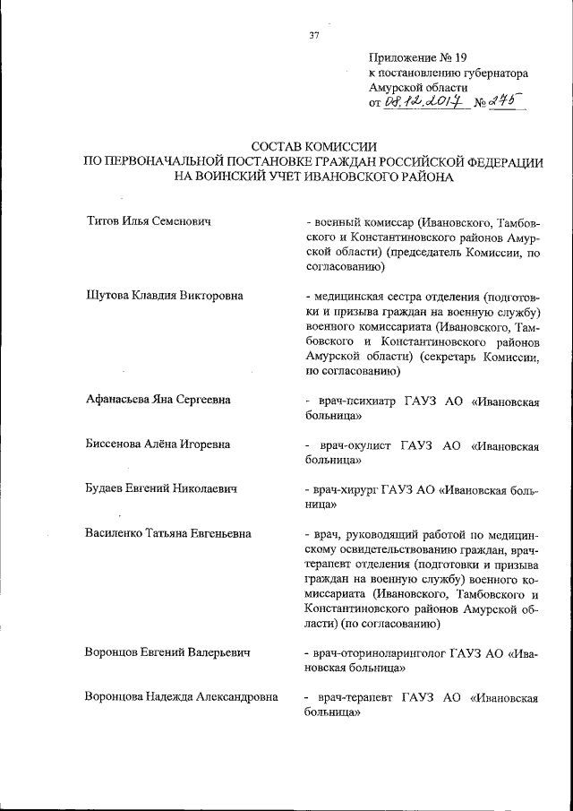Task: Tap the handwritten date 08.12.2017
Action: pyautogui.click(x=422, y=103)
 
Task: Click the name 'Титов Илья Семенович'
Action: pyautogui.click(x=148, y=220)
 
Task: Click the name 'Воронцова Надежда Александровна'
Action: pyautogui.click(x=180, y=696)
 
